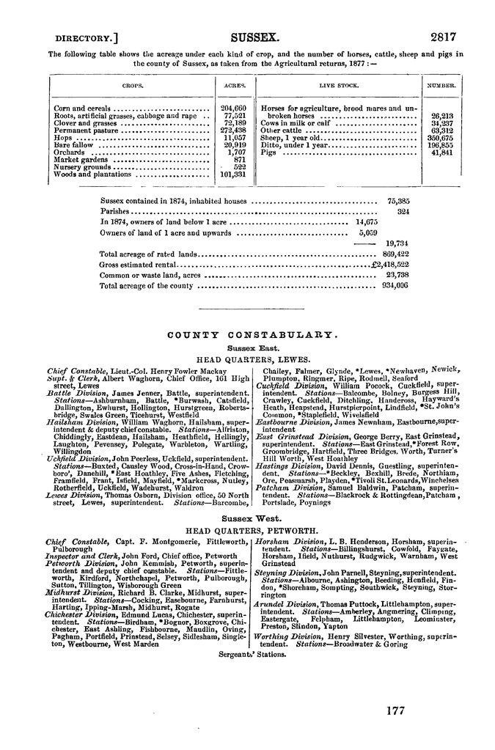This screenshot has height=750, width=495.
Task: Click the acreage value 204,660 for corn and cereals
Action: click(x=234, y=108)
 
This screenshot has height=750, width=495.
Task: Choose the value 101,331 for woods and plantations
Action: click(x=233, y=174)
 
